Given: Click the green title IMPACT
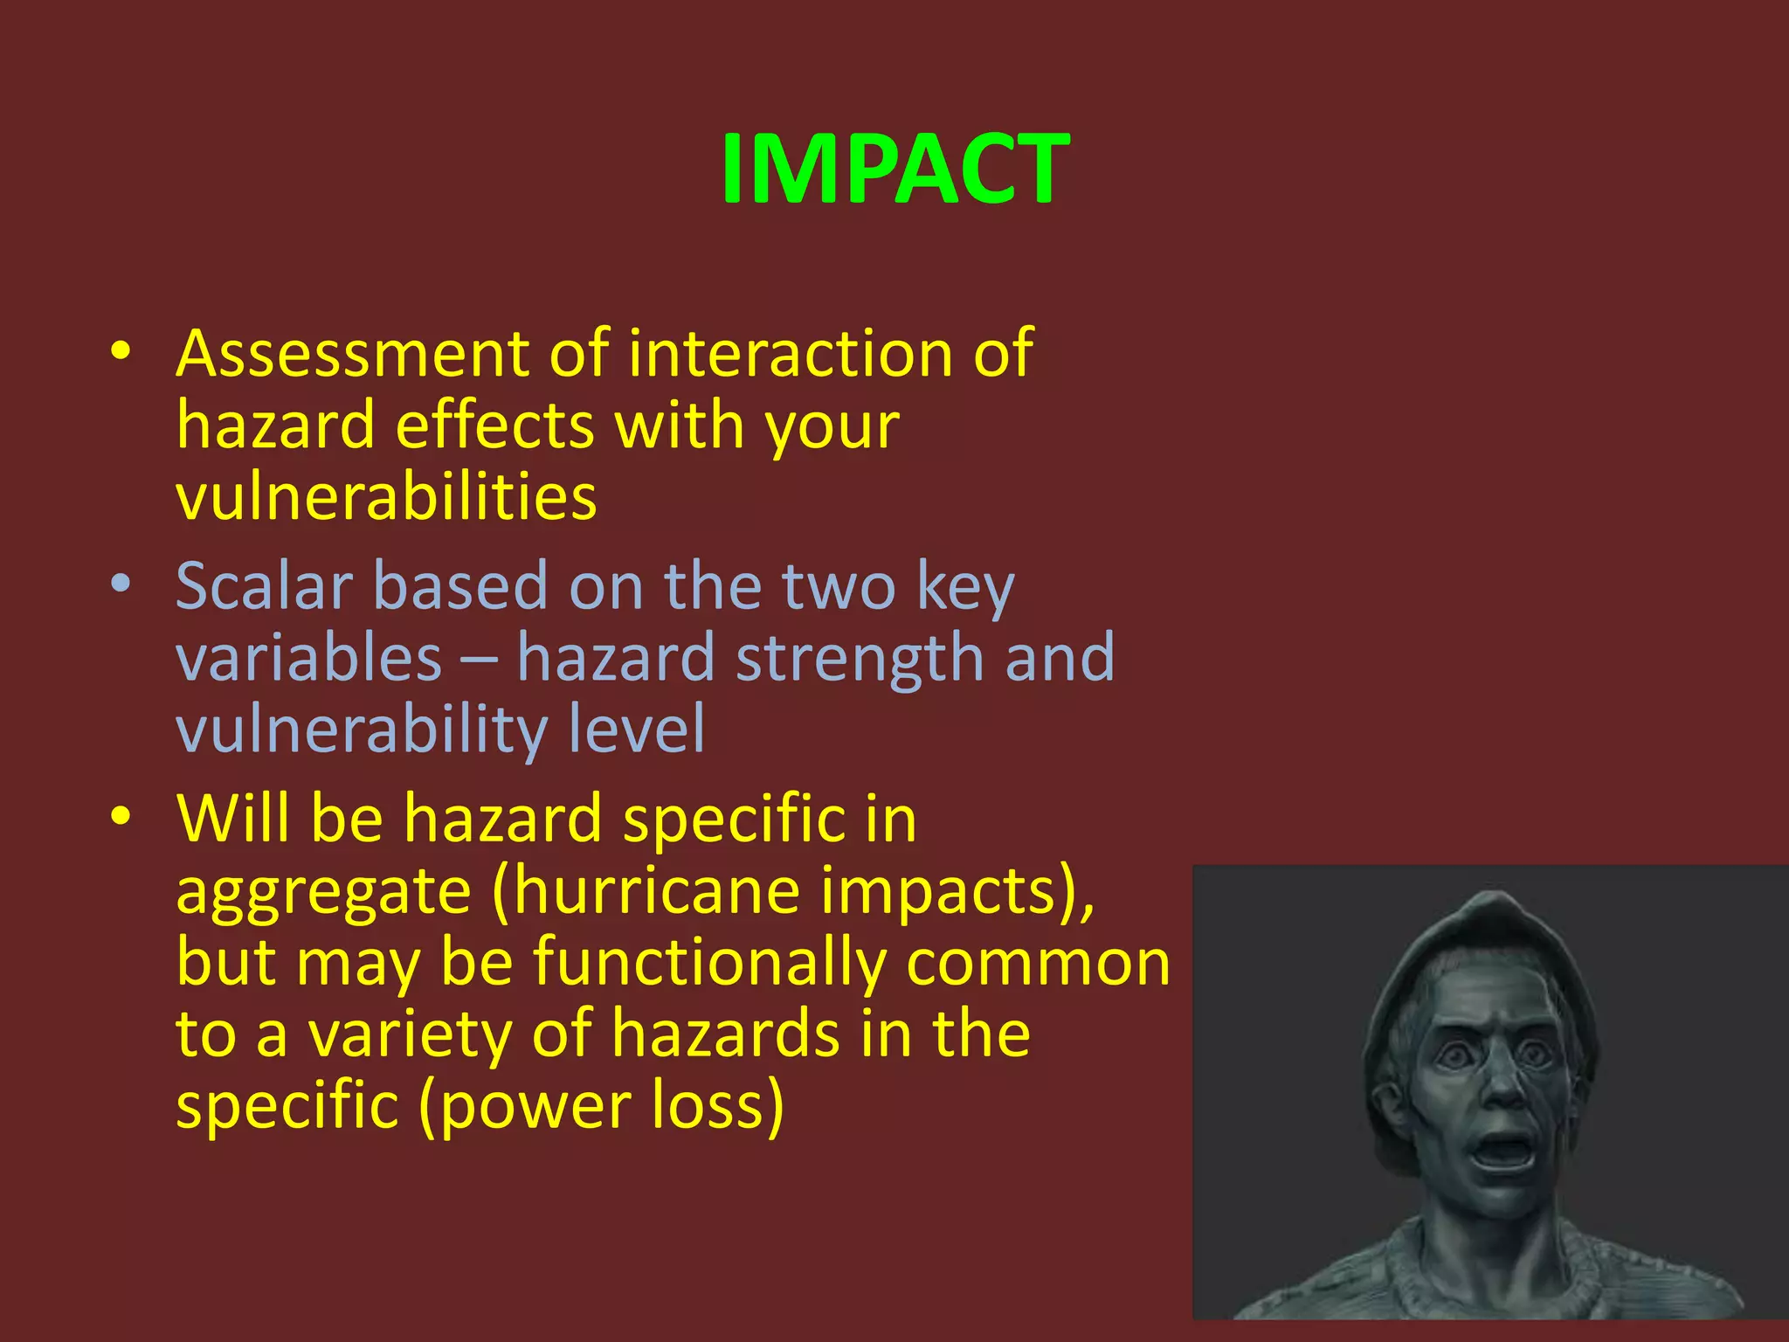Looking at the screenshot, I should click(x=894, y=169).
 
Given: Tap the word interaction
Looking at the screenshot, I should click(x=790, y=354).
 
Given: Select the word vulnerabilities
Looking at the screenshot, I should click(x=386, y=497).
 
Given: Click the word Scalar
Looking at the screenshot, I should click(x=264, y=586).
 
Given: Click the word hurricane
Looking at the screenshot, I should click(x=654, y=891).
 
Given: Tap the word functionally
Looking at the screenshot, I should click(x=710, y=963).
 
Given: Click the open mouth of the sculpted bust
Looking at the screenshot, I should click(x=1503, y=1150).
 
